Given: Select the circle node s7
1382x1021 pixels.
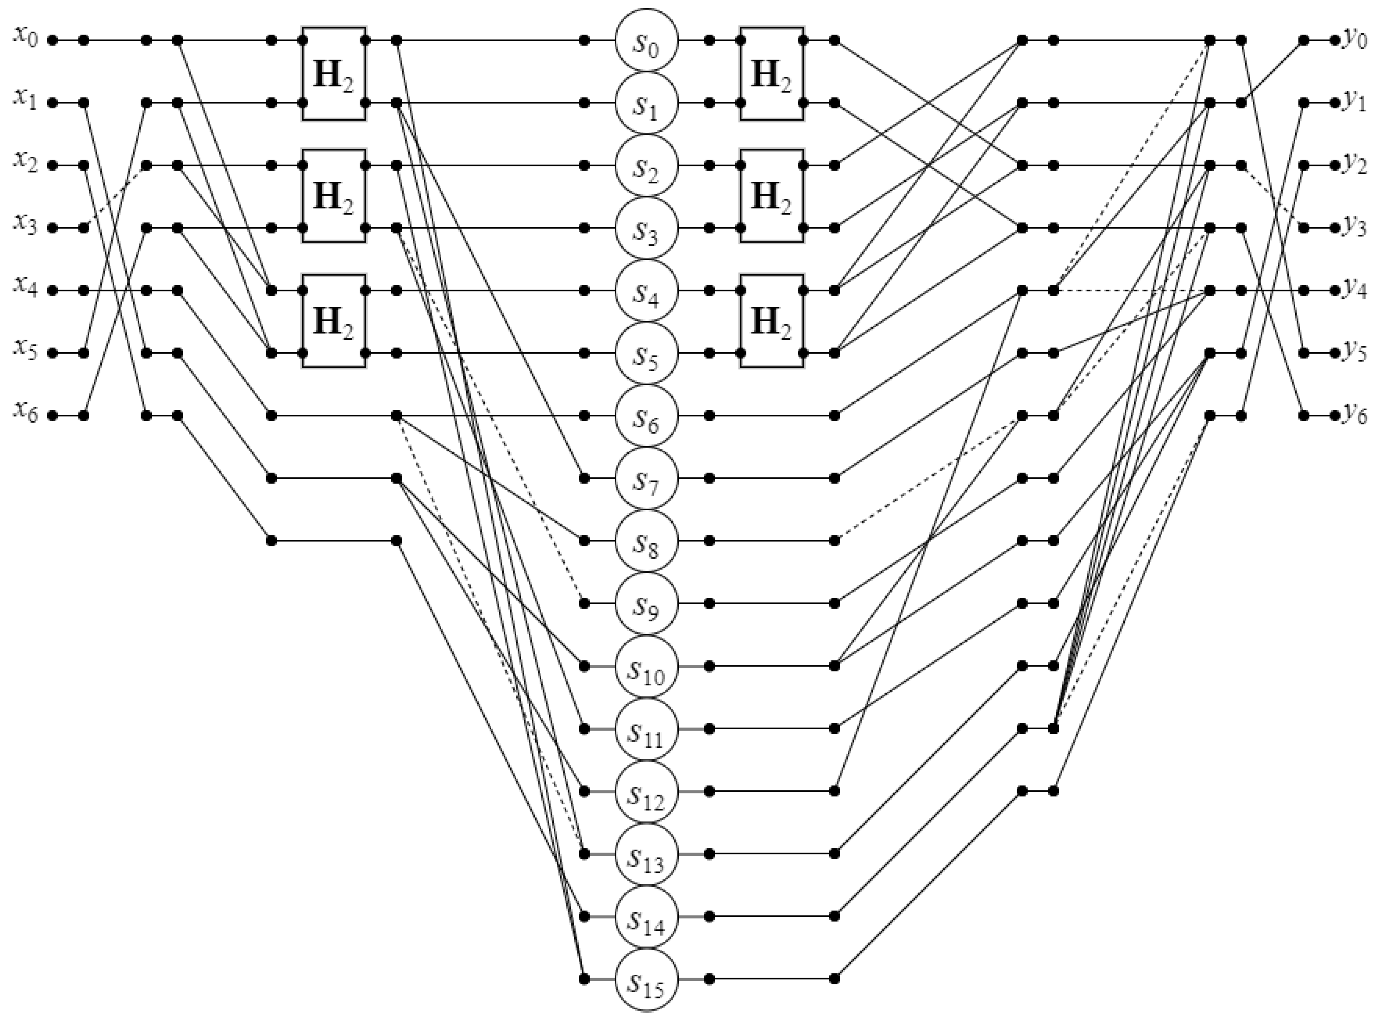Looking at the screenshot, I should [x=646, y=478].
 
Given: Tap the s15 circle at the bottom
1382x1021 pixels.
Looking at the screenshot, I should [x=646, y=979].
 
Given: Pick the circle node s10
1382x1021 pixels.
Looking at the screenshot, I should [x=646, y=666].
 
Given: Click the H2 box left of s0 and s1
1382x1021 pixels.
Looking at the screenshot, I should [x=334, y=73].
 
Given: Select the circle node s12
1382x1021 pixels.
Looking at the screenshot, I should [x=646, y=791].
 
